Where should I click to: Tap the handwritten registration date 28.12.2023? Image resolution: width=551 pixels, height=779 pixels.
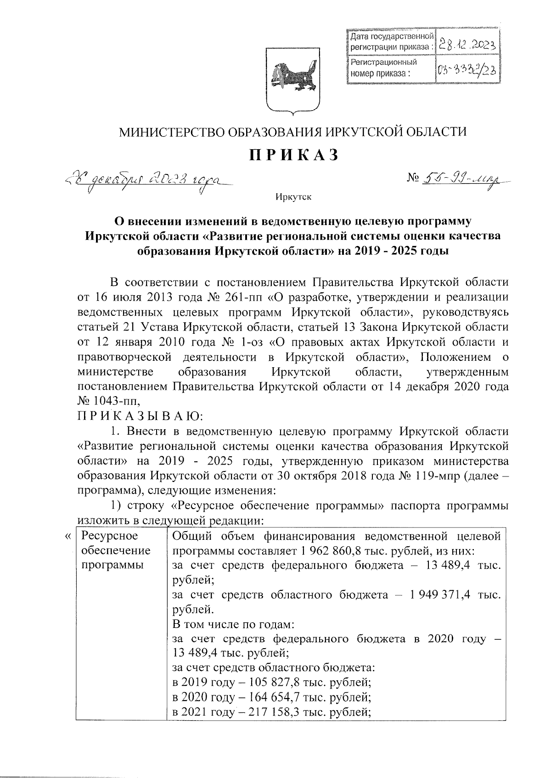466,45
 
